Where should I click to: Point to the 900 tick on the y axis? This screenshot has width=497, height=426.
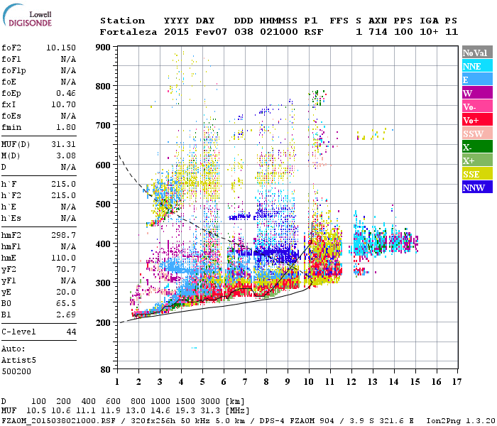pyautogui.click(x=105, y=48)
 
